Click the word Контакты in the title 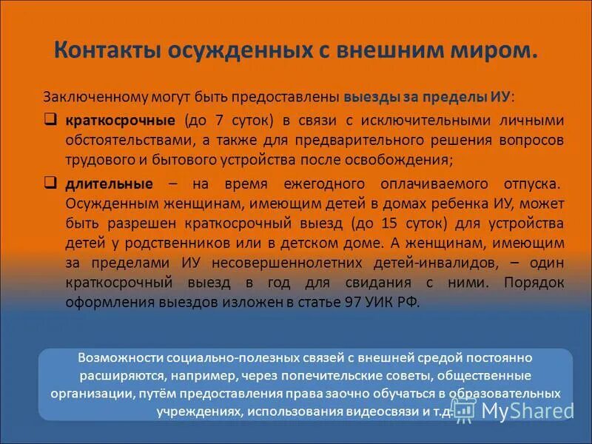click(101, 50)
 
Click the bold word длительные click(110, 184)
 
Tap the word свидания click(392, 282)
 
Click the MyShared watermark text click(526, 410)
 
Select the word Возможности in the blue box click(121, 357)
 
